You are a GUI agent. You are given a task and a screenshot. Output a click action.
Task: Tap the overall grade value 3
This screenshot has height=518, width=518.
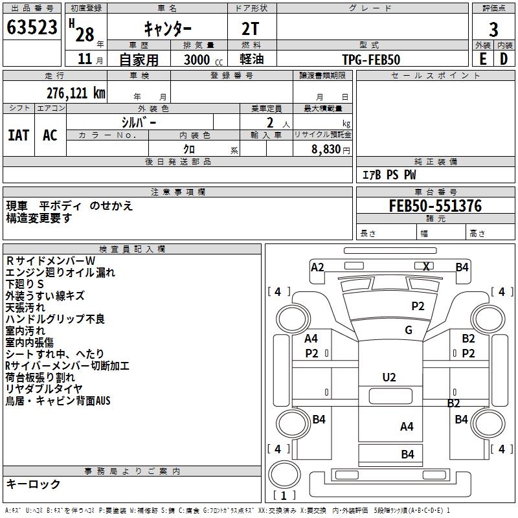[x=493, y=29]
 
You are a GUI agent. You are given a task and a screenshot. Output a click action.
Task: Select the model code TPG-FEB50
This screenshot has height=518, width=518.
[x=371, y=60]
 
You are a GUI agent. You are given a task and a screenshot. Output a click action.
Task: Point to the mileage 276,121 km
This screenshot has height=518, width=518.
[x=76, y=93]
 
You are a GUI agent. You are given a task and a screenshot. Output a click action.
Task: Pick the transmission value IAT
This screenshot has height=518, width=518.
[x=19, y=135]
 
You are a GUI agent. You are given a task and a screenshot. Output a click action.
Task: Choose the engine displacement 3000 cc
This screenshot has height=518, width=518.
[x=200, y=60]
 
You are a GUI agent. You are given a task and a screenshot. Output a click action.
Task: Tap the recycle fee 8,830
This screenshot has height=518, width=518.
[x=326, y=150]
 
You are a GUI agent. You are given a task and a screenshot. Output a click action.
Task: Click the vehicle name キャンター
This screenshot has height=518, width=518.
[x=167, y=29]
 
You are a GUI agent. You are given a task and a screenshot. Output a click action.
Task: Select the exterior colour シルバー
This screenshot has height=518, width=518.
[x=139, y=122]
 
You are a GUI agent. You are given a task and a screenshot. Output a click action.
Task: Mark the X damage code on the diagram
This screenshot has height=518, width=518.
[x=426, y=266]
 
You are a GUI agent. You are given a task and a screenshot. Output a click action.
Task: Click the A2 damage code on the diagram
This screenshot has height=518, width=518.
[x=317, y=267]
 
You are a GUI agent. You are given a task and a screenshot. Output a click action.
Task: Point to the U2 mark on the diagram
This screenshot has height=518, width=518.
[x=388, y=377]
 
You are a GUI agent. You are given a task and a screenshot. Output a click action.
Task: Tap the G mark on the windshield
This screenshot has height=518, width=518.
[x=409, y=330]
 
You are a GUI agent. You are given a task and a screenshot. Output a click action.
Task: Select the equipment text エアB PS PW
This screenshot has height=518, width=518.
[x=388, y=175]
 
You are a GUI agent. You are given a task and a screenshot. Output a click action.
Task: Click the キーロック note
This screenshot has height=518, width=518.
[x=34, y=484]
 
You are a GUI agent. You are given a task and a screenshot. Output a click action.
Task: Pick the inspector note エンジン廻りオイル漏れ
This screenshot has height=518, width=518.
[x=60, y=272]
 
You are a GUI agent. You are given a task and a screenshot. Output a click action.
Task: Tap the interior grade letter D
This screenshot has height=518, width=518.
[x=503, y=59]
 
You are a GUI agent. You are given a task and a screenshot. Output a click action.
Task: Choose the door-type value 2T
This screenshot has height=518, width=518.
[x=251, y=29]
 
